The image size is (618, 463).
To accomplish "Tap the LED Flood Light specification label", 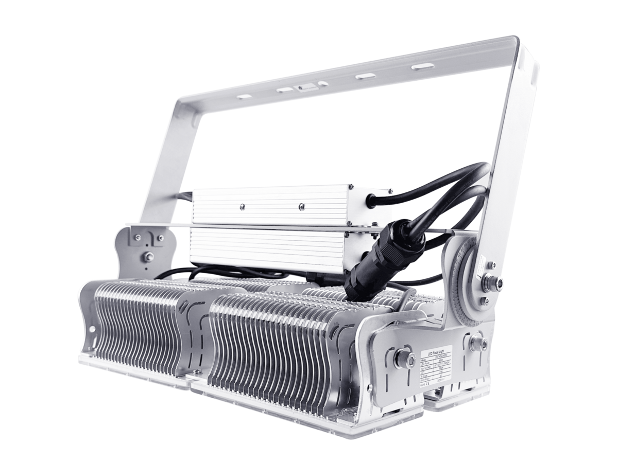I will (x=436, y=368).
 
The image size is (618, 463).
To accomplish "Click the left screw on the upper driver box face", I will (x=242, y=208).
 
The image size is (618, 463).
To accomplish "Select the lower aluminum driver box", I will (x=268, y=250).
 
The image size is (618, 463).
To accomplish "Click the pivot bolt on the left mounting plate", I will (x=148, y=257).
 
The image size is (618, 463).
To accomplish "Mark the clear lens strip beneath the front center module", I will (x=288, y=412).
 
